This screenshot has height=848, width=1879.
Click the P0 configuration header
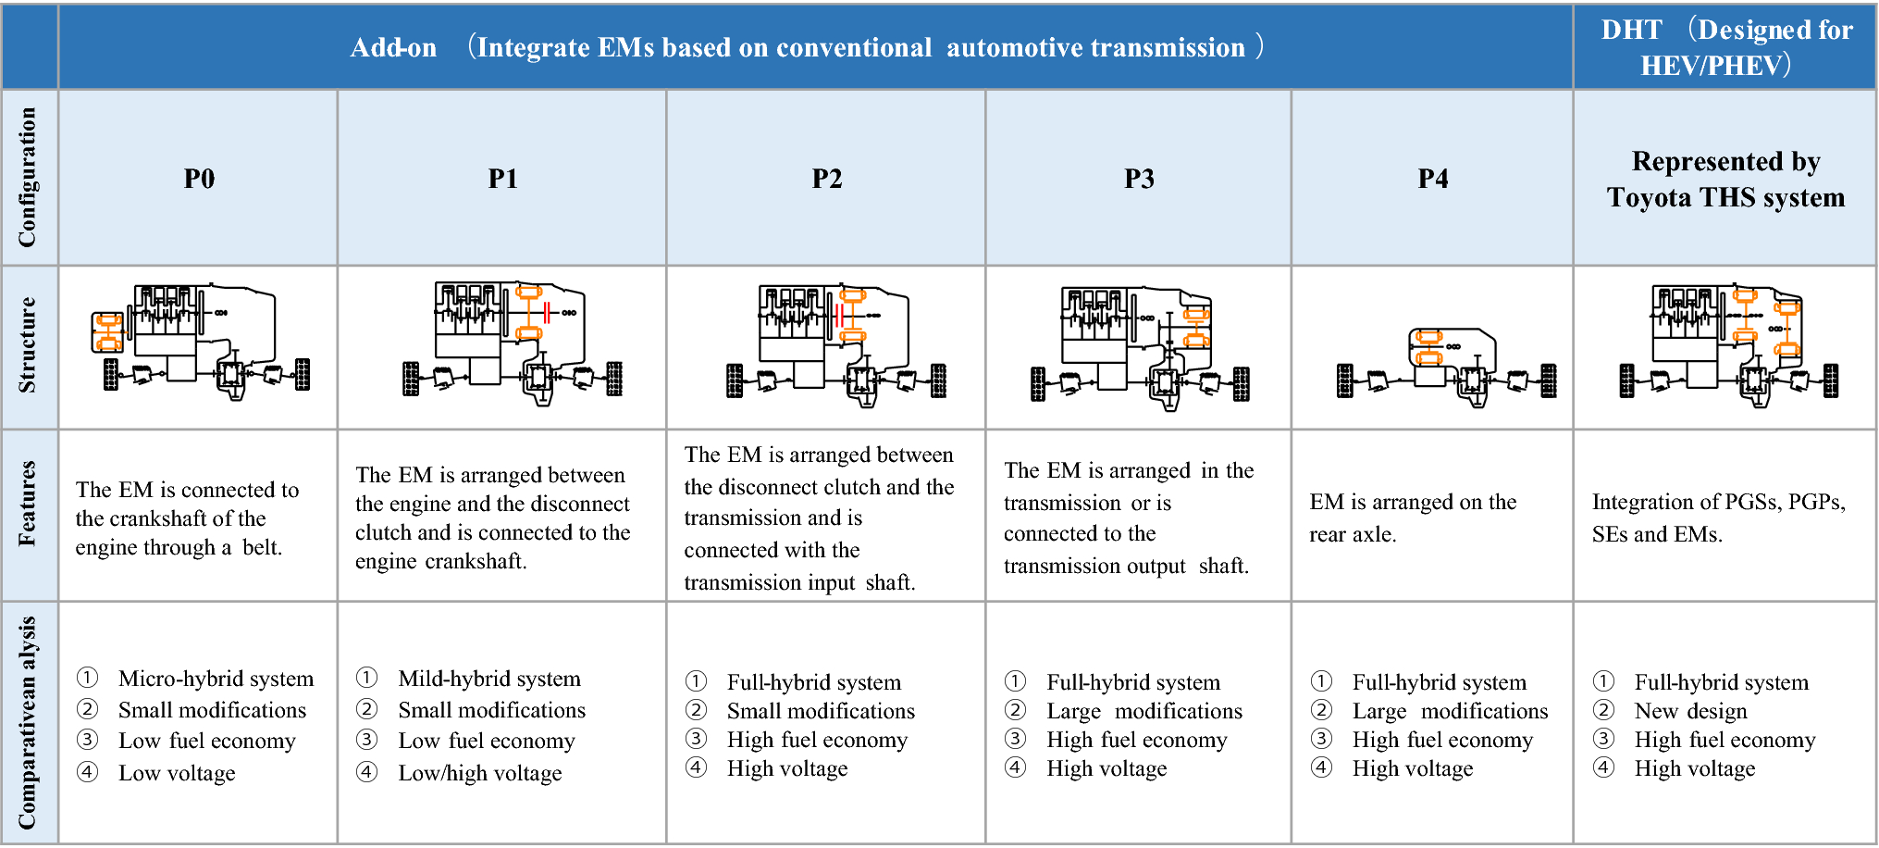coord(199,179)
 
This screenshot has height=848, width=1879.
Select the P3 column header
coord(1139,179)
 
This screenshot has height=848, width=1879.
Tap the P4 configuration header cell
coord(1432,179)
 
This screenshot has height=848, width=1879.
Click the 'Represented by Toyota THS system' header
coord(1725,180)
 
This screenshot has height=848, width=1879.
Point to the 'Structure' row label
coord(28,345)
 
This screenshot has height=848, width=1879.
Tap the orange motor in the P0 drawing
coord(108,333)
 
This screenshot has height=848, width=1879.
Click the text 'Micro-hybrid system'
coord(216,679)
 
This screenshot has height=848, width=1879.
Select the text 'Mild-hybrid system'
coord(488,679)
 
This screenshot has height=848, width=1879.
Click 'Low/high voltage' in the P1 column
coord(479,773)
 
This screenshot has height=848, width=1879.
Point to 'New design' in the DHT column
coord(1690,711)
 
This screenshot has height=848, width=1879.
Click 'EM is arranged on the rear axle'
coord(1412,518)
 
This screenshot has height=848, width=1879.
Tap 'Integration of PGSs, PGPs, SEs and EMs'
coord(1718,518)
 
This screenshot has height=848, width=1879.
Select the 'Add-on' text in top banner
coord(393,47)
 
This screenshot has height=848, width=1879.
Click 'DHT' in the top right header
coord(1631,30)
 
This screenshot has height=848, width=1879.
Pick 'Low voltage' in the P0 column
coord(177,773)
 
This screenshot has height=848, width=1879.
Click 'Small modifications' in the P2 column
coord(820,711)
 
